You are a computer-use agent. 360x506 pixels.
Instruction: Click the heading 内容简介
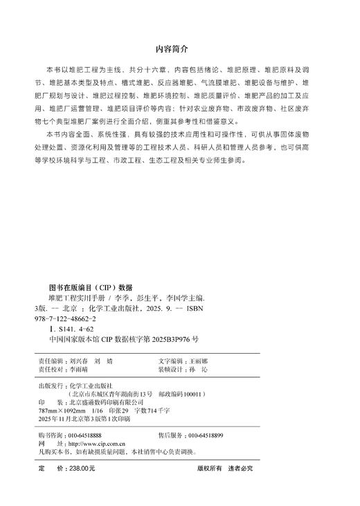pyautogui.click(x=179, y=51)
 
